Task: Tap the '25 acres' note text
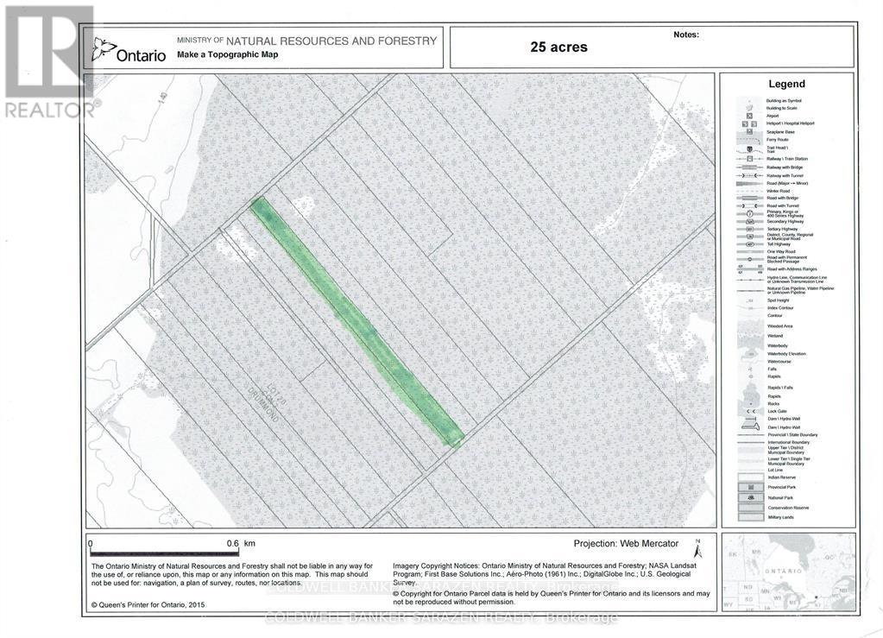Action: [x=558, y=47]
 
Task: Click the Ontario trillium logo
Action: [x=104, y=49]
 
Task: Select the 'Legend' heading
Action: [x=786, y=84]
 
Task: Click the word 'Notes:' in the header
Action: [x=685, y=35]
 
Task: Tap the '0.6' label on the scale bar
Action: [x=231, y=544]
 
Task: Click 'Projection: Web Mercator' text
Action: [x=626, y=544]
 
